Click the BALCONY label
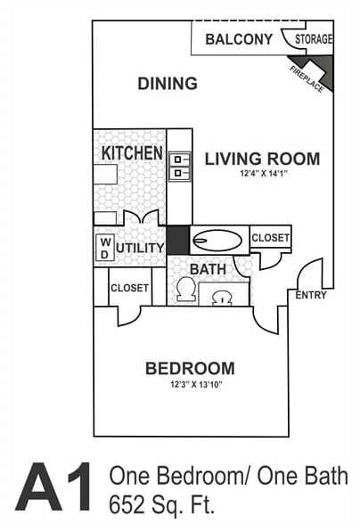click(x=238, y=39)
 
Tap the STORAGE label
click(x=314, y=39)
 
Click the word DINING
click(x=167, y=85)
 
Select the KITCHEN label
click(x=131, y=153)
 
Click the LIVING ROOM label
click(x=262, y=160)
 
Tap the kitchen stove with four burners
click(x=179, y=167)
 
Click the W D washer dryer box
click(x=104, y=247)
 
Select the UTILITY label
click(x=140, y=248)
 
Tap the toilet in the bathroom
click(x=186, y=289)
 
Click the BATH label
click(x=207, y=268)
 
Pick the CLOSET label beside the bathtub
click(x=270, y=238)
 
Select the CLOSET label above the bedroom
click(x=129, y=288)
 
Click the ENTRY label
click(x=311, y=295)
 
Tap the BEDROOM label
click(x=190, y=368)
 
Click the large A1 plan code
click(x=54, y=487)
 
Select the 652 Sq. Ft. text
click(x=161, y=505)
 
